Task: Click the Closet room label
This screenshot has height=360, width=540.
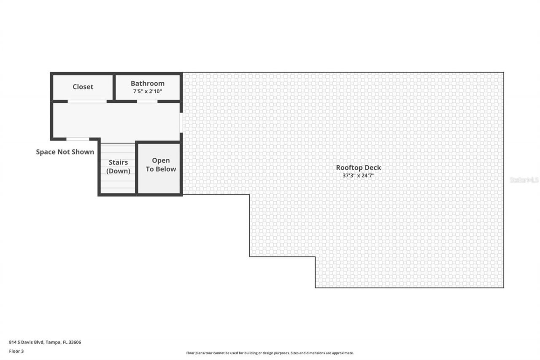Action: pos(83,87)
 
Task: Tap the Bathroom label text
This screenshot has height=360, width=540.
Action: pos(147,83)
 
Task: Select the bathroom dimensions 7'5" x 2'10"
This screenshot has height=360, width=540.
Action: pos(147,91)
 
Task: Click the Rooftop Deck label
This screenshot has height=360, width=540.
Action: pos(358,168)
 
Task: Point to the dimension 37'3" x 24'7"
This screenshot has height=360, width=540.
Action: pos(358,175)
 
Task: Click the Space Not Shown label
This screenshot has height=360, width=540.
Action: pos(65,152)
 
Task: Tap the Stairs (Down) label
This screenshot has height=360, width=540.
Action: pos(118,167)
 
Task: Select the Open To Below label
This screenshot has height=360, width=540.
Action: pos(161,165)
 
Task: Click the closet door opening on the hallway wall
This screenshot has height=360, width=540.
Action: pos(87,101)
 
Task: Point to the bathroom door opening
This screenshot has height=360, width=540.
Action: pos(147,101)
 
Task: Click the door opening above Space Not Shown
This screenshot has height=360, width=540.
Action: pos(78,139)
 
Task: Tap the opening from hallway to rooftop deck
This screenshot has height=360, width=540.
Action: pos(181,122)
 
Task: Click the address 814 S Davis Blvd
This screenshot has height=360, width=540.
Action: pos(27,342)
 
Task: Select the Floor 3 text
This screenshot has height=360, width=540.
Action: pos(16,351)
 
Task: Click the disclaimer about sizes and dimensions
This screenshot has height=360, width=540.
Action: pos(270,353)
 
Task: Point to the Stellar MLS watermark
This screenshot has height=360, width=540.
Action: pos(524,180)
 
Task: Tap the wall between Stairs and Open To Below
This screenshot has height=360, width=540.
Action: pos(136,169)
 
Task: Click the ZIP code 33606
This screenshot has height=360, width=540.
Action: pos(75,342)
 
